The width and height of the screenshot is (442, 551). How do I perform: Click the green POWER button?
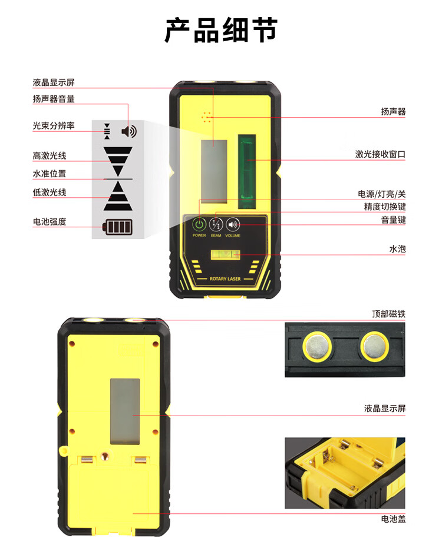(199, 224)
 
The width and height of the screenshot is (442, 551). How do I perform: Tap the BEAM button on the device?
(216, 224)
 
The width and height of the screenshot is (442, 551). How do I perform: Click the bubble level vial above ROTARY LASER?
(225, 255)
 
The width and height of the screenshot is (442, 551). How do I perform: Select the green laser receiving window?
(247, 171)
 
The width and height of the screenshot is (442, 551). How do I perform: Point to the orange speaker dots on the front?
(207, 117)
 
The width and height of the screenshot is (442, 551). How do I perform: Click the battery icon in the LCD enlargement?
(117, 227)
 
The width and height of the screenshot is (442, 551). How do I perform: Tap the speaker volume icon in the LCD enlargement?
(129, 131)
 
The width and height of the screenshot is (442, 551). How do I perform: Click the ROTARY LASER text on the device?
(225, 278)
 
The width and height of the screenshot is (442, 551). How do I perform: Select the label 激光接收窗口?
(380, 154)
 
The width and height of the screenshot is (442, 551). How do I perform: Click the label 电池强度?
(50, 222)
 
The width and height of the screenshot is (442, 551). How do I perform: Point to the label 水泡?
(397, 249)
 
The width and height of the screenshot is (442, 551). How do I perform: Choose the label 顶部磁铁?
(388, 314)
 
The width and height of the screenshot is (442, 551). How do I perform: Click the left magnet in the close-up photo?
(317, 346)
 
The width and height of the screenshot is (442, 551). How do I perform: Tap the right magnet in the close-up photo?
(374, 346)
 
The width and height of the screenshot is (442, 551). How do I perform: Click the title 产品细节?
(222, 30)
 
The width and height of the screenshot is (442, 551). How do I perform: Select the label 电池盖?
(393, 519)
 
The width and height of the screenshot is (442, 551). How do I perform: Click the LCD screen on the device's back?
(125, 411)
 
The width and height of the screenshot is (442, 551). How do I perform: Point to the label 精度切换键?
(385, 207)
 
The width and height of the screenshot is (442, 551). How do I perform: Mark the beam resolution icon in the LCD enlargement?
(107, 131)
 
